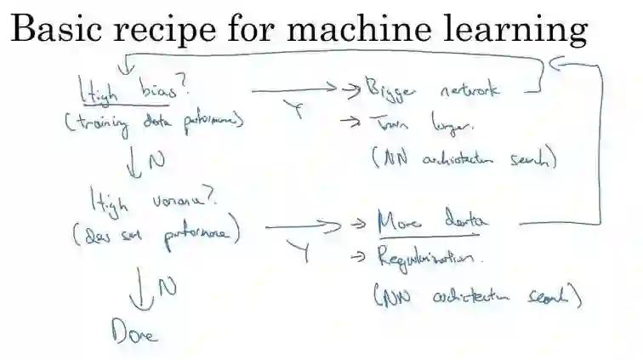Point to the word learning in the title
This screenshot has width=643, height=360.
tap(519, 31)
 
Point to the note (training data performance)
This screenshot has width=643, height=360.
tap(153, 124)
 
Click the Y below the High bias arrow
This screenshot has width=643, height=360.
tap(300, 112)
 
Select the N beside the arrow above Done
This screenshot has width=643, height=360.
tap(168, 288)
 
